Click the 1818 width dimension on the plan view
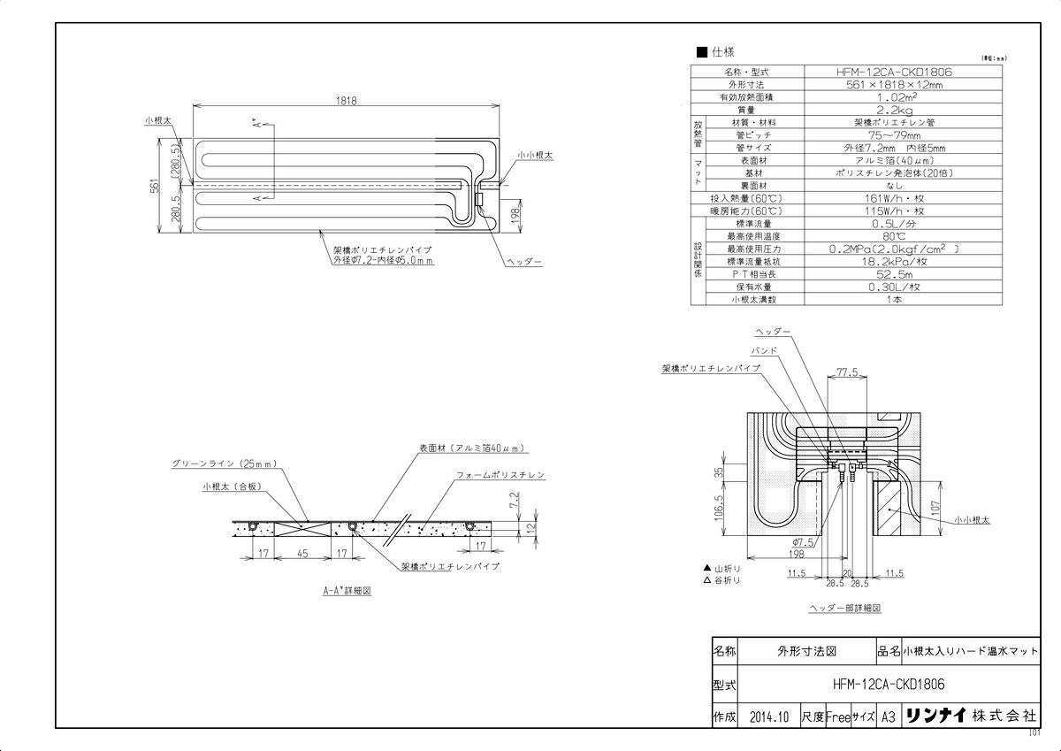click(x=346, y=102)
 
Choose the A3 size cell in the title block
click(x=889, y=717)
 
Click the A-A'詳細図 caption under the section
click(x=346, y=592)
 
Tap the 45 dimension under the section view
click(x=302, y=554)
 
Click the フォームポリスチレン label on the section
click(x=500, y=475)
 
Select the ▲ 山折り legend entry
click(x=721, y=566)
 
